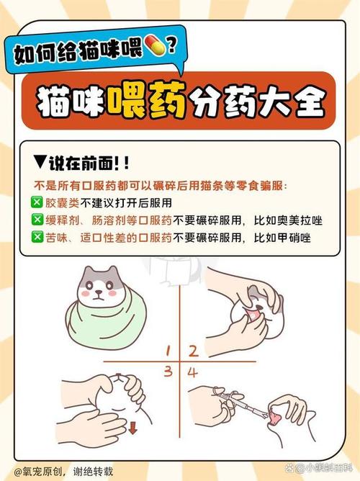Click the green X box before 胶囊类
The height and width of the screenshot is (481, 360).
36,202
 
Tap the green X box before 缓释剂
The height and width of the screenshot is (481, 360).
36,220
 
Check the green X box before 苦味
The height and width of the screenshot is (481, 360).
36,237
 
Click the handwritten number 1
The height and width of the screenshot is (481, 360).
166,351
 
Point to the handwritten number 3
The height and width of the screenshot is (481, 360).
166,372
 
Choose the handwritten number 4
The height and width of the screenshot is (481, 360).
193,372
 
